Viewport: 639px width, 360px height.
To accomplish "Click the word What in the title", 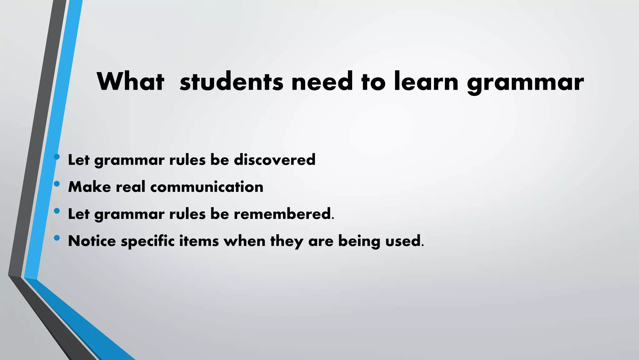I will click(x=130, y=82).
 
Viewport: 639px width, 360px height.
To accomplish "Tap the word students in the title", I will click(x=232, y=82).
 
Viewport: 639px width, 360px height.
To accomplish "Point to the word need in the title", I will click(x=322, y=82).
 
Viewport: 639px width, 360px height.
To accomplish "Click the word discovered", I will click(x=275, y=160).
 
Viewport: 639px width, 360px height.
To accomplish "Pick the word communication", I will click(x=207, y=187).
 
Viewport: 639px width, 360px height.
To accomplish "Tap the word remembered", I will click(x=282, y=214).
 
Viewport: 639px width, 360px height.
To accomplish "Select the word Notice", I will click(x=92, y=241).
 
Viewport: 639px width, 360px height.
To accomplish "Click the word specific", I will click(x=148, y=241).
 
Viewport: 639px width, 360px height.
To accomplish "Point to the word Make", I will click(x=90, y=187).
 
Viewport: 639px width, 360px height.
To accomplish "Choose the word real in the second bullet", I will click(x=130, y=187).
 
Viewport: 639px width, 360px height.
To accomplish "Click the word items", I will click(x=199, y=241).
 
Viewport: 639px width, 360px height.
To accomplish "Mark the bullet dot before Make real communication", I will click(x=56, y=184).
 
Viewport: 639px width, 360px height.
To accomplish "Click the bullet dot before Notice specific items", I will click(x=56, y=238).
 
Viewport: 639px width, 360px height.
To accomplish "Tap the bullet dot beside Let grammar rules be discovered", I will click(x=56, y=157).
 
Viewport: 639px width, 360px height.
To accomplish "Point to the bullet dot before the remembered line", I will click(x=56, y=211).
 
